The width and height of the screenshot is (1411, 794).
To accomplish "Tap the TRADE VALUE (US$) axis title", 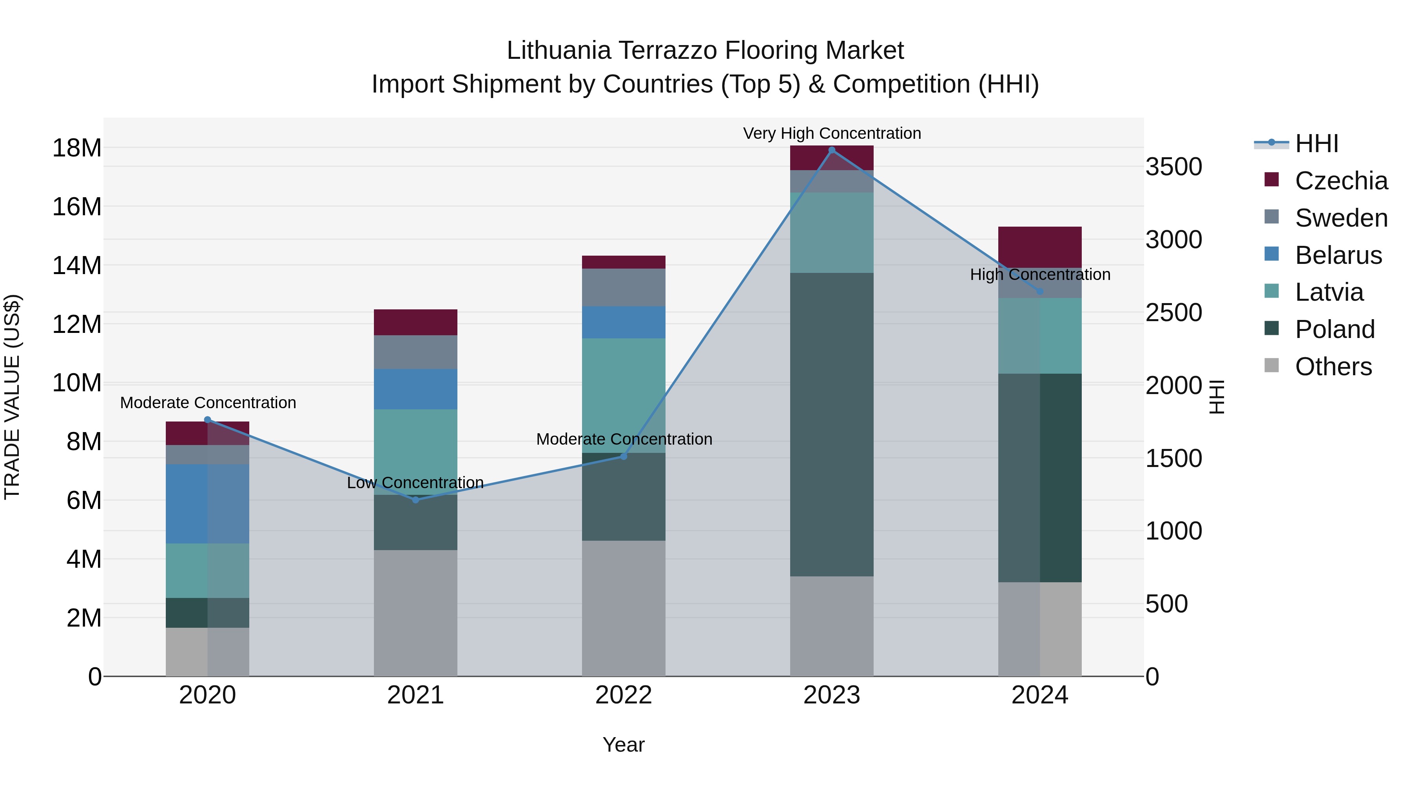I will [x=12, y=397].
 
